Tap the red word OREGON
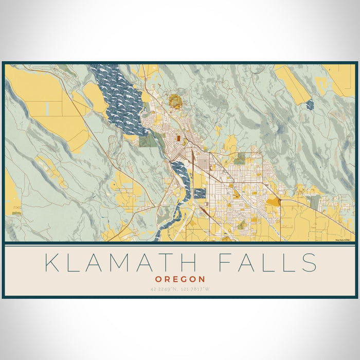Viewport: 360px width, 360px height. (x=180, y=279)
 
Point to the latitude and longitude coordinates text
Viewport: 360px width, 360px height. (x=180, y=289)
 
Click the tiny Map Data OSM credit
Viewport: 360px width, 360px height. (x=343, y=240)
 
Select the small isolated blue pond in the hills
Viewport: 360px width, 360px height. (x=309, y=105)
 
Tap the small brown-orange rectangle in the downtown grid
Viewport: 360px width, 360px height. (x=178, y=138)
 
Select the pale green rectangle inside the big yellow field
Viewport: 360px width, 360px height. (x=47, y=109)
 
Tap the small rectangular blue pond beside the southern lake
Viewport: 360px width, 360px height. (x=200, y=193)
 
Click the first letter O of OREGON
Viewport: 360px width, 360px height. (x=157, y=279)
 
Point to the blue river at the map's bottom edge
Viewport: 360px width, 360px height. (x=161, y=234)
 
